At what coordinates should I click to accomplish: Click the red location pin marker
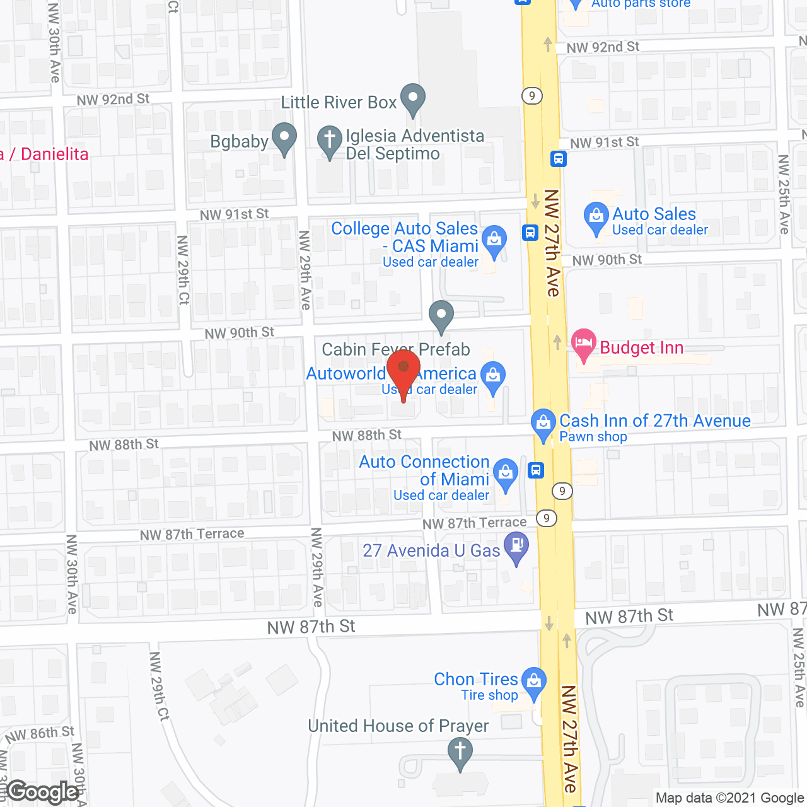(403, 369)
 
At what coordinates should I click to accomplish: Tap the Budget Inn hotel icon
(584, 344)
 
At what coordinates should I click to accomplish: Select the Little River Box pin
(413, 99)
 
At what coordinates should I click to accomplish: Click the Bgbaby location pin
(284, 138)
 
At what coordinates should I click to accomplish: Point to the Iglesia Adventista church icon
(329, 141)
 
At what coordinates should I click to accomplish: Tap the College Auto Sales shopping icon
(494, 240)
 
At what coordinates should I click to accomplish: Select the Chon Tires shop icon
(534, 682)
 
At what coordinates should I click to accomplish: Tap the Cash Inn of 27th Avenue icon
(543, 423)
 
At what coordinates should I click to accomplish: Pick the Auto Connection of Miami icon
(505, 473)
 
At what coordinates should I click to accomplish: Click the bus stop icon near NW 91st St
(558, 158)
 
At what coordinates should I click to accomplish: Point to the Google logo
(43, 792)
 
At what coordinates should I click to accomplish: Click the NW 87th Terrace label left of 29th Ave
(192, 535)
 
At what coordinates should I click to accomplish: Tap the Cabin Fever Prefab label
(396, 349)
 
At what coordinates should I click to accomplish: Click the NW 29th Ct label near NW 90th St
(183, 270)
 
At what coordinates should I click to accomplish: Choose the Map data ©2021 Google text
(730, 798)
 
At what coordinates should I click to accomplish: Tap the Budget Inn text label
(641, 347)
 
